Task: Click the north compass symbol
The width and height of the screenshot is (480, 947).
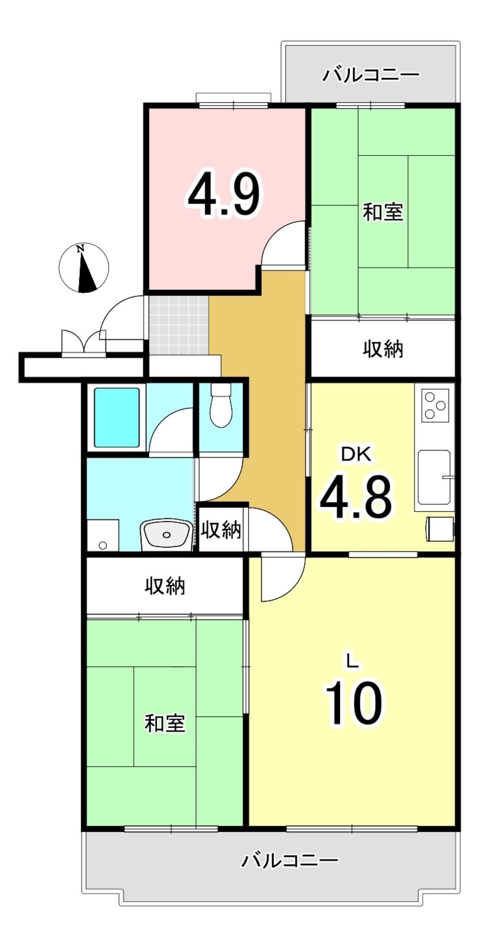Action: (84, 268)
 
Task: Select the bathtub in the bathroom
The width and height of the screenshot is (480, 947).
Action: (117, 418)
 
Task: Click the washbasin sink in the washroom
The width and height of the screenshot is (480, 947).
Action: (167, 534)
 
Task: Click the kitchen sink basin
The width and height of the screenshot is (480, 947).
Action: (434, 477)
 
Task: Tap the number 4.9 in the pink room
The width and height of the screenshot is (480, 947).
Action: (224, 194)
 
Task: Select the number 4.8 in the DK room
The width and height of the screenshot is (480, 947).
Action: (356, 498)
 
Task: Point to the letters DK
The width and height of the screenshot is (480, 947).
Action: (356, 455)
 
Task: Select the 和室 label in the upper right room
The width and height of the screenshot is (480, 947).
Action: (383, 212)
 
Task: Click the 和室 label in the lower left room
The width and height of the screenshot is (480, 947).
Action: (165, 723)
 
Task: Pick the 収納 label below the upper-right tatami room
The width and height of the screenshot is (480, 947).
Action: (383, 349)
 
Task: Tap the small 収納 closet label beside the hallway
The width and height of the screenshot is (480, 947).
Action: (221, 529)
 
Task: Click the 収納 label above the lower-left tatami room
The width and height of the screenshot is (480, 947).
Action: (165, 586)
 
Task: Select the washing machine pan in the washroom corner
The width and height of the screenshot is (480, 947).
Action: (103, 535)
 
